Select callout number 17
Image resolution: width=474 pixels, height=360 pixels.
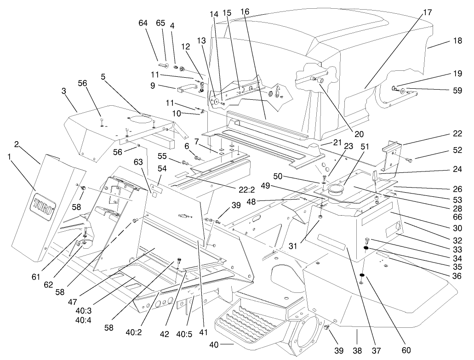point(428,12)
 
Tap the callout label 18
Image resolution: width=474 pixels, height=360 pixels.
point(457,41)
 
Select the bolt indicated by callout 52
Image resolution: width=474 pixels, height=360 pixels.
point(408,159)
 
